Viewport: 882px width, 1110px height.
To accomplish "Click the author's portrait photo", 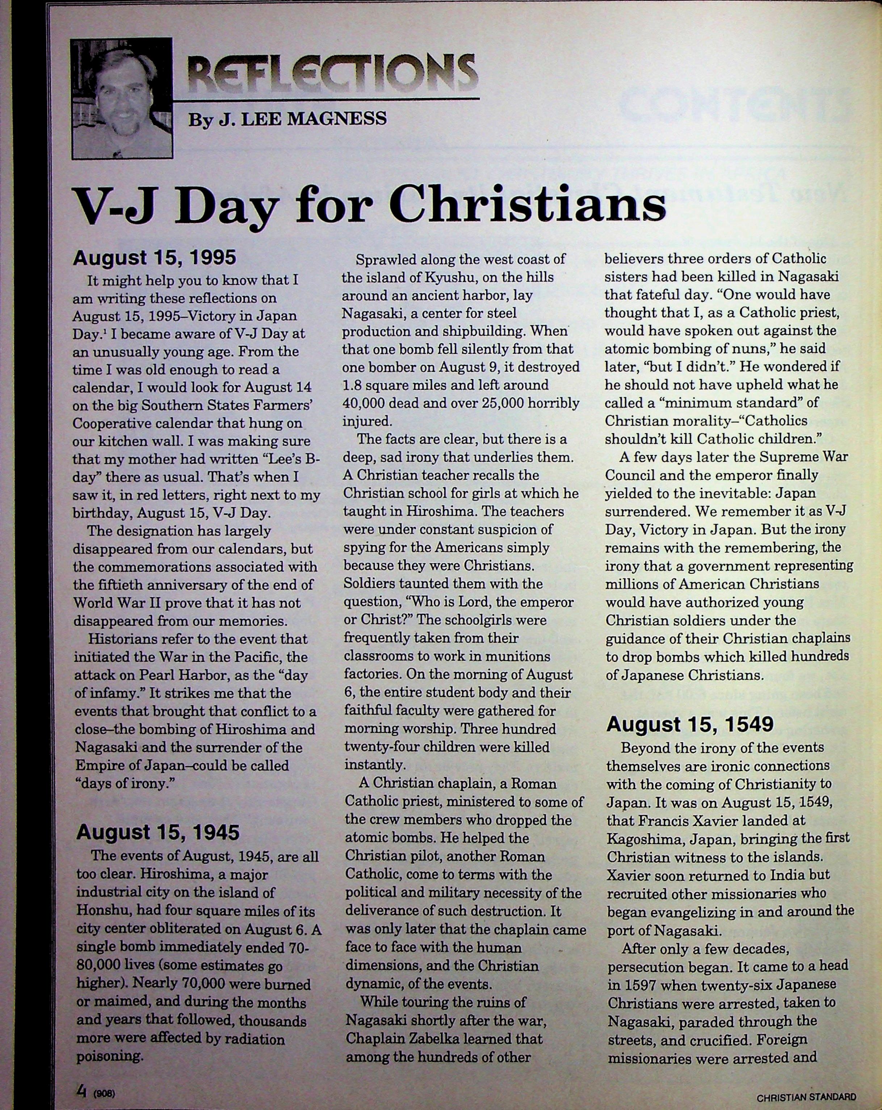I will click(122, 99).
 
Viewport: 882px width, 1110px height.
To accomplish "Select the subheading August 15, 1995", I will click(154, 258).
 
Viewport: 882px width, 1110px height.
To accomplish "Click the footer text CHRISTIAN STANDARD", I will click(806, 1097).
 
